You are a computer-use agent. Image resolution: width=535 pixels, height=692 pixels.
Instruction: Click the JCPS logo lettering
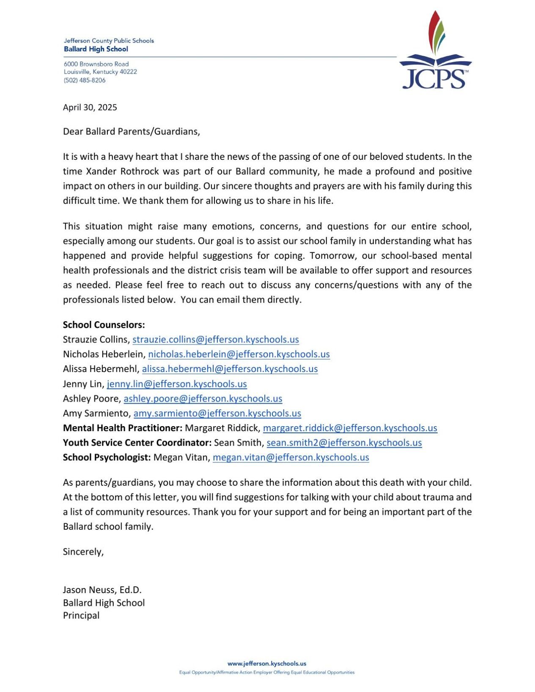[x=434, y=79]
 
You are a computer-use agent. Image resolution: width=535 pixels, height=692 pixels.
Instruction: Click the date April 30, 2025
[x=90, y=107]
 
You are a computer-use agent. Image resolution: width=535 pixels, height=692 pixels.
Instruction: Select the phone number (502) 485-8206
[x=85, y=80]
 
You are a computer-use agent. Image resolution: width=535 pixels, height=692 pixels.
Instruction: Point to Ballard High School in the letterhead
[x=96, y=49]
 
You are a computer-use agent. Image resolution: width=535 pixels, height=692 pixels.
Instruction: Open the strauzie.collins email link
[x=215, y=339]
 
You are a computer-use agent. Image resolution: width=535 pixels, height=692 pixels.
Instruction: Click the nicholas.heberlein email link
[x=239, y=354]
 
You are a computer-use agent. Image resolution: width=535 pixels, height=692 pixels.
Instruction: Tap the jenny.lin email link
[x=176, y=384]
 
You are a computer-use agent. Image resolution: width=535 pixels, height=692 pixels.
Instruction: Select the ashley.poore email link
[x=203, y=399]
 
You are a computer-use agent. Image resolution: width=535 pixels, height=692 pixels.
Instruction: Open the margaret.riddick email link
[x=350, y=428]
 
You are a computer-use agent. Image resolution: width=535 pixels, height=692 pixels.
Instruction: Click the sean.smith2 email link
[x=344, y=443]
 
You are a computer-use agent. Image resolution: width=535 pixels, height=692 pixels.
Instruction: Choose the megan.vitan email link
[x=291, y=457]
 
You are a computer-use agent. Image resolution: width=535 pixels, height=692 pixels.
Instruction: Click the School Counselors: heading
[x=104, y=325]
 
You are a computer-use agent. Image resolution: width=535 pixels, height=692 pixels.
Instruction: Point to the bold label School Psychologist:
[x=107, y=457]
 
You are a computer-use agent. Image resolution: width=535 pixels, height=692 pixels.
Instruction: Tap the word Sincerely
[x=83, y=552]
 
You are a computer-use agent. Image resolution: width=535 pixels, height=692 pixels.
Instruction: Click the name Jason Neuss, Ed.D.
[x=102, y=590]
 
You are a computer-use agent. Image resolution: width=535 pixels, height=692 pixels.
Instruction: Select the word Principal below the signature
[x=81, y=615]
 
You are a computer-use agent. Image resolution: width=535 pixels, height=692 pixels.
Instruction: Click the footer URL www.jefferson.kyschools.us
[x=266, y=664]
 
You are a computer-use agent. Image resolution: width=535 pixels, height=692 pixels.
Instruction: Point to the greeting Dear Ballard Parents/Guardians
[x=131, y=131]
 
